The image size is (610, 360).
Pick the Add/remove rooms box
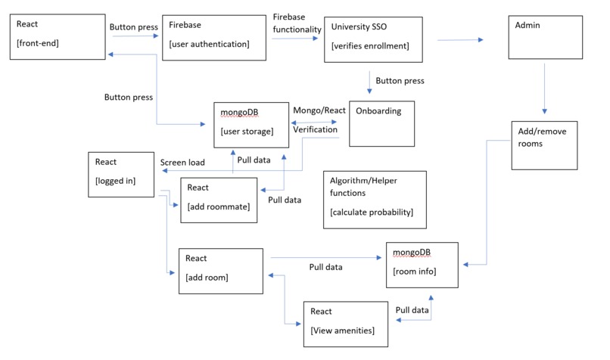[544, 144]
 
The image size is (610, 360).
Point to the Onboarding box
[381, 123]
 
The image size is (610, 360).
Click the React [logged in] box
[122, 174]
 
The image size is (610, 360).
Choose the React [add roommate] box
[219, 199]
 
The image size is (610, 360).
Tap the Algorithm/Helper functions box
[374, 198]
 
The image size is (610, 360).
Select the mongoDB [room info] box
[422, 264]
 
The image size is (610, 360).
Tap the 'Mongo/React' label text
[319, 110]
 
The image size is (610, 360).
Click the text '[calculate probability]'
[372, 212]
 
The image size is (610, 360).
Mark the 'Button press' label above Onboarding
[400, 81]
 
